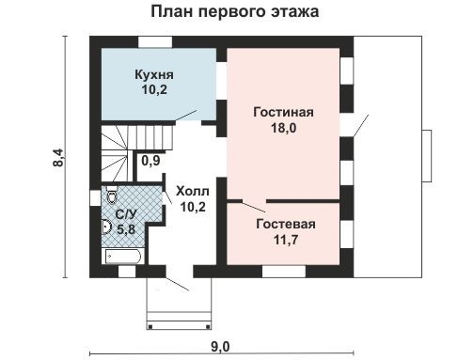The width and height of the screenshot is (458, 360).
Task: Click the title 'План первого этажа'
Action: [x=234, y=13]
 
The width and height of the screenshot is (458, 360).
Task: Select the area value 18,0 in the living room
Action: [x=283, y=130]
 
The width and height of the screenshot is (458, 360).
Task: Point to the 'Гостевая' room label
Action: [x=286, y=225]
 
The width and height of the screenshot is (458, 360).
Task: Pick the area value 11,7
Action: [x=286, y=241]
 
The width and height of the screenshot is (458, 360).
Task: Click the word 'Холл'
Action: [x=193, y=190]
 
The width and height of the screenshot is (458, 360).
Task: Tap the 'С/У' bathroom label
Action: [x=125, y=214]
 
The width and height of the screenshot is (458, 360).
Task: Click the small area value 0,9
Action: [x=150, y=161]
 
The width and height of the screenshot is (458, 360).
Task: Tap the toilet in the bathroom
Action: [x=112, y=197]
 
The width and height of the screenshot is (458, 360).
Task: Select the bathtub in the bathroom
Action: [x=122, y=255]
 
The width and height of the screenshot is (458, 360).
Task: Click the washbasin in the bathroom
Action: [x=107, y=226]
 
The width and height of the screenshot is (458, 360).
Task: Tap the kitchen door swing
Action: [x=199, y=115]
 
